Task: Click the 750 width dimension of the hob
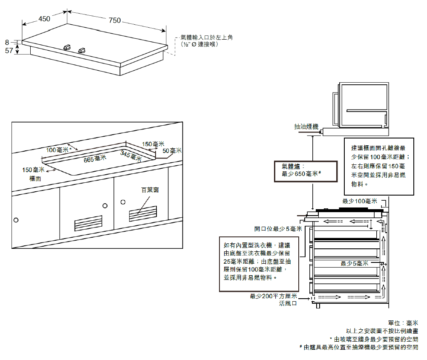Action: (115, 20)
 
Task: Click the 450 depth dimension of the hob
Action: (44, 18)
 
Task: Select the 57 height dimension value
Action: (9, 50)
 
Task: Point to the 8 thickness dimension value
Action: (7, 42)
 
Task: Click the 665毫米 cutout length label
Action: (95, 159)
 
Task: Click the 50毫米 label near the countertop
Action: (173, 150)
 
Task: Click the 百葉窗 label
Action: (150, 190)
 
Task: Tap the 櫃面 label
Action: (35, 179)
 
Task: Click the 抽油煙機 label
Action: (306, 127)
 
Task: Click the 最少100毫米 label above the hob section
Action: (360, 201)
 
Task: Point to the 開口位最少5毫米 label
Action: (278, 229)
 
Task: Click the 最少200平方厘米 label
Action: (273, 296)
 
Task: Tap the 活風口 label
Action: (288, 303)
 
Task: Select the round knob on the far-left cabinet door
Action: (16, 220)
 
